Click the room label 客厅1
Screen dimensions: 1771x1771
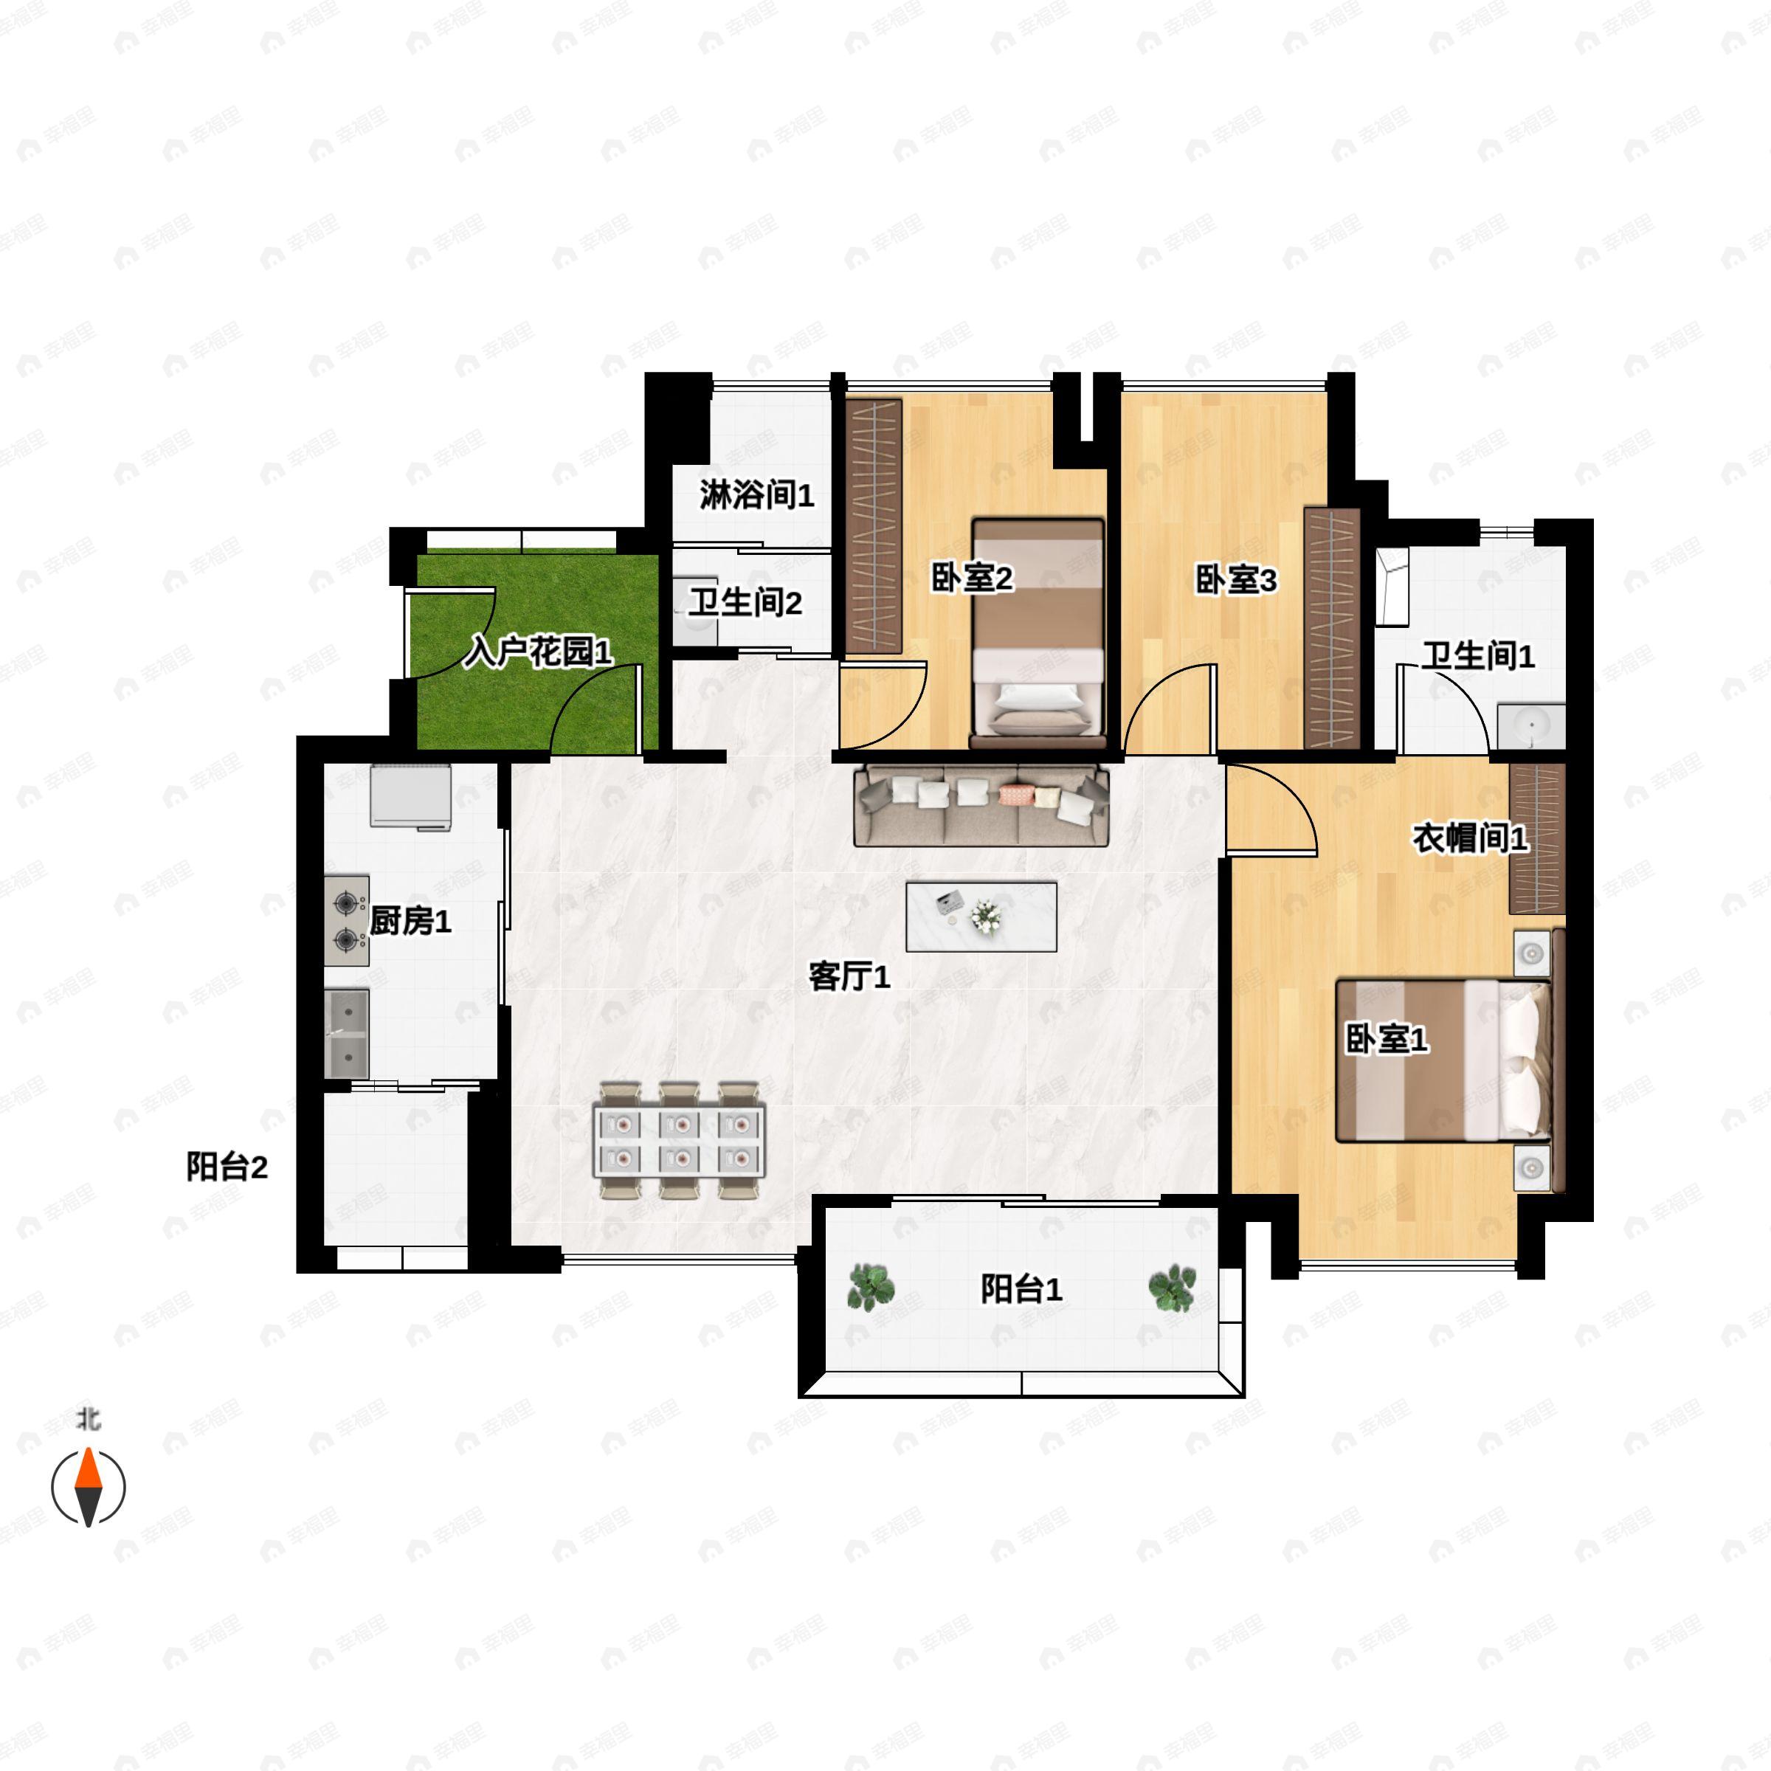(x=849, y=977)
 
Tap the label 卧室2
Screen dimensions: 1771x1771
(x=972, y=579)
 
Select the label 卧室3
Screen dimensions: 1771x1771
(x=1236, y=580)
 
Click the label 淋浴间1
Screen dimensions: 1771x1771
(x=756, y=495)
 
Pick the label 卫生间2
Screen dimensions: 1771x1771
(x=745, y=602)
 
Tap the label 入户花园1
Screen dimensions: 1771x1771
(x=537, y=652)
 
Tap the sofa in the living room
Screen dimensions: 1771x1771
(x=981, y=805)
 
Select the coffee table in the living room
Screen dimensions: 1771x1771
(x=981, y=916)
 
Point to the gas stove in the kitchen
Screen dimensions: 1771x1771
(x=347, y=921)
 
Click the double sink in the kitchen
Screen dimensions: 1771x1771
(x=347, y=1034)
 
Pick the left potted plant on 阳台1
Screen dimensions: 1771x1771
(x=870, y=1287)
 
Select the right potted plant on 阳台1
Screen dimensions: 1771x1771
(x=1173, y=1288)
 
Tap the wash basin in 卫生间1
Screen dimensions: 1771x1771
(x=1532, y=726)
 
